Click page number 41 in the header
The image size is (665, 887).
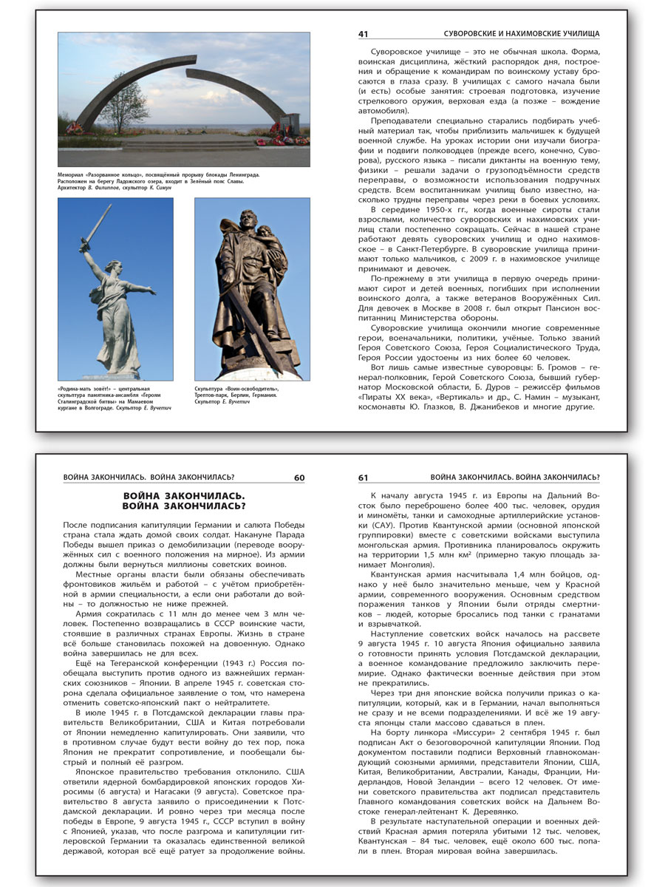point(363,34)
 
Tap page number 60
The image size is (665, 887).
point(299,478)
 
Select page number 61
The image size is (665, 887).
point(363,478)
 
